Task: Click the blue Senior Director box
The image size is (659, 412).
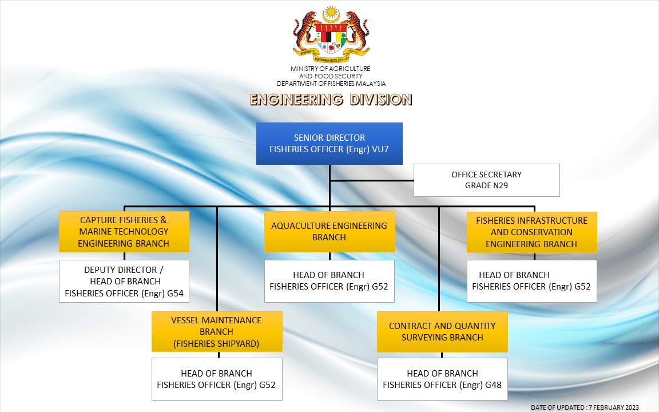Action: (329, 144)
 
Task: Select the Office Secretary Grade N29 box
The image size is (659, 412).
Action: (486, 180)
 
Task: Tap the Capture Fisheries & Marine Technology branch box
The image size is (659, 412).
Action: (124, 232)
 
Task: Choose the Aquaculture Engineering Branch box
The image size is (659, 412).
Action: (329, 232)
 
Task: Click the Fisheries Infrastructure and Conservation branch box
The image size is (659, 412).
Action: (531, 232)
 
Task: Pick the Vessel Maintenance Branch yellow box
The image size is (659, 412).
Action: (217, 332)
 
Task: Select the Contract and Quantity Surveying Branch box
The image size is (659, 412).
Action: (442, 332)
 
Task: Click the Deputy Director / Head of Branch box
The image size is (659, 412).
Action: (124, 282)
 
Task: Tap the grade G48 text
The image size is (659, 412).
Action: (493, 385)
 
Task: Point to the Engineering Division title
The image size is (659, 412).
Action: (331, 100)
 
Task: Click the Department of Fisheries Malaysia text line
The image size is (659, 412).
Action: (331, 84)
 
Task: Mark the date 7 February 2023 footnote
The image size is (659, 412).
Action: (585, 407)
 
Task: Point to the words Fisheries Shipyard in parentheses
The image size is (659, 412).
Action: (217, 343)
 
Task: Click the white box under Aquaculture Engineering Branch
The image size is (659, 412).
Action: (329, 281)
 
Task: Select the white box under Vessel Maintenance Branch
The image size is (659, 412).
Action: (217, 379)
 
